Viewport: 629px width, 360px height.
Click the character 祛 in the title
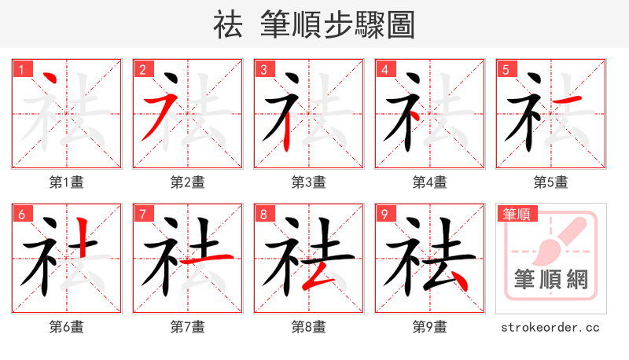pyautogui.click(x=228, y=25)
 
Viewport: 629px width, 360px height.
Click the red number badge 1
pyautogui.click(x=20, y=70)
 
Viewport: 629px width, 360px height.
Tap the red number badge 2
pyautogui.click(x=142, y=70)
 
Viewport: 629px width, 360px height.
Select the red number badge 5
pyautogui.click(x=505, y=70)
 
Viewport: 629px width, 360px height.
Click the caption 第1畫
pyautogui.click(x=67, y=182)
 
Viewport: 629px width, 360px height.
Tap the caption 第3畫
pyautogui.click(x=309, y=182)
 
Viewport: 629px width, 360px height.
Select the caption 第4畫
pyautogui.click(x=430, y=182)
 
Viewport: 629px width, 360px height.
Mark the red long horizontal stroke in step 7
pyautogui.click(x=207, y=257)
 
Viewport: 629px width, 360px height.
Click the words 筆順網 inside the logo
pyautogui.click(x=551, y=279)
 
